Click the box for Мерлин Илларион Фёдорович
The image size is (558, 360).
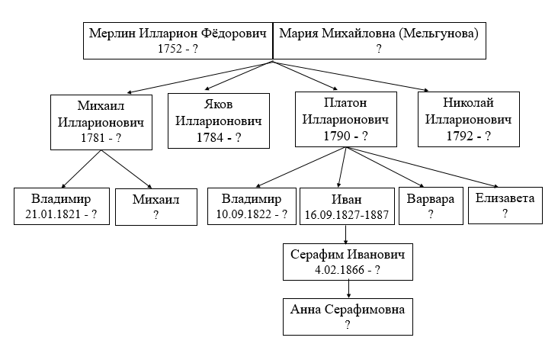[178, 41]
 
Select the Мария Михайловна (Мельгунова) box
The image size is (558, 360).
[380, 41]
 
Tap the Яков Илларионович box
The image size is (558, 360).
[219, 121]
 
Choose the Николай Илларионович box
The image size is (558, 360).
[469, 119]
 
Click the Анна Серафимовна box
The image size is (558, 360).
[348, 317]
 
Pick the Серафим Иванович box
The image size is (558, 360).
[348, 262]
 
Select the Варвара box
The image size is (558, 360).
[431, 206]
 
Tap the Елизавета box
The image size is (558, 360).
[505, 205]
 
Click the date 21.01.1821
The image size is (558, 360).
[53, 214]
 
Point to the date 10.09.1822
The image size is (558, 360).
[244, 214]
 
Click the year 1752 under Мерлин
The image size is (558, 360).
[170, 48]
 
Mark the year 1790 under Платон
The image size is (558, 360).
[336, 136]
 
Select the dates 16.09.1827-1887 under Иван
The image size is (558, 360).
[347, 215]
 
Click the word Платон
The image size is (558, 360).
[345, 103]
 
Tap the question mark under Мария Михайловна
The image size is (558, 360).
[379, 49]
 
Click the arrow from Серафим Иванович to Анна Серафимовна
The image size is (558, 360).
[348, 289]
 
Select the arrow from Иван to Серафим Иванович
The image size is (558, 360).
[345, 234]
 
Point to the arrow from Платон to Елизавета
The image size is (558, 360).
[422, 166]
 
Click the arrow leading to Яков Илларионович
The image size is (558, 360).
[239, 76]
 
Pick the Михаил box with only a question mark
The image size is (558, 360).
[156, 207]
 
